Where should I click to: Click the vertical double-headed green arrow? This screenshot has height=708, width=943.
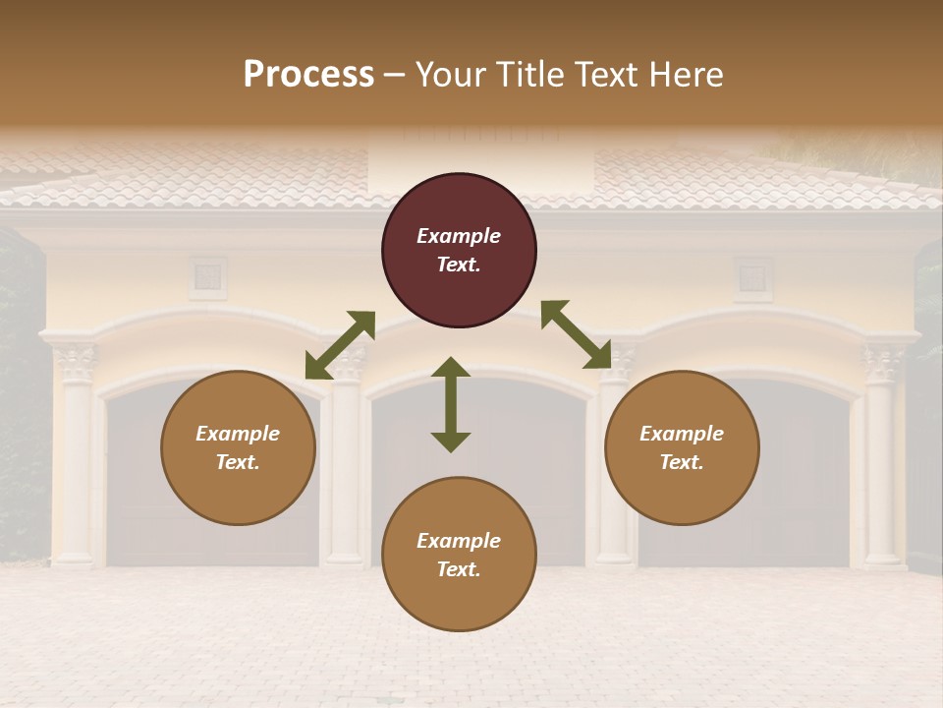pyautogui.click(x=451, y=404)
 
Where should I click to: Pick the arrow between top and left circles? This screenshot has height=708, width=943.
pyautogui.click(x=340, y=345)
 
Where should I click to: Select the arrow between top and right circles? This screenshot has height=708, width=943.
pyautogui.click(x=576, y=334)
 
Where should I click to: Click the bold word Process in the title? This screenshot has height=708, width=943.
pyautogui.click(x=308, y=75)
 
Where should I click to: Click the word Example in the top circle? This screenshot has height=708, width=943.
pyautogui.click(x=459, y=236)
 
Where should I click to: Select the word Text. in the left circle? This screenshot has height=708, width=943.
pyautogui.click(x=238, y=462)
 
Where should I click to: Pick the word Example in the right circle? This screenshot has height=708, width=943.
pyautogui.click(x=682, y=434)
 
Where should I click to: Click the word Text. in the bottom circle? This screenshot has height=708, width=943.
pyautogui.click(x=459, y=569)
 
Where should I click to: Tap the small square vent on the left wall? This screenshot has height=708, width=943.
pyautogui.click(x=207, y=276)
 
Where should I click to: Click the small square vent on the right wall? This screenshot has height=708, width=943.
pyautogui.click(x=753, y=278)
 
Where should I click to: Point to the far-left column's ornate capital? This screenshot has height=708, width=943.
pyautogui.click(x=75, y=364)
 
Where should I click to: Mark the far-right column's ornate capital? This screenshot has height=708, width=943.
pyautogui.click(x=883, y=364)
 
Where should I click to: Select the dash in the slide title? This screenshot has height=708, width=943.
pyautogui.click(x=395, y=75)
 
